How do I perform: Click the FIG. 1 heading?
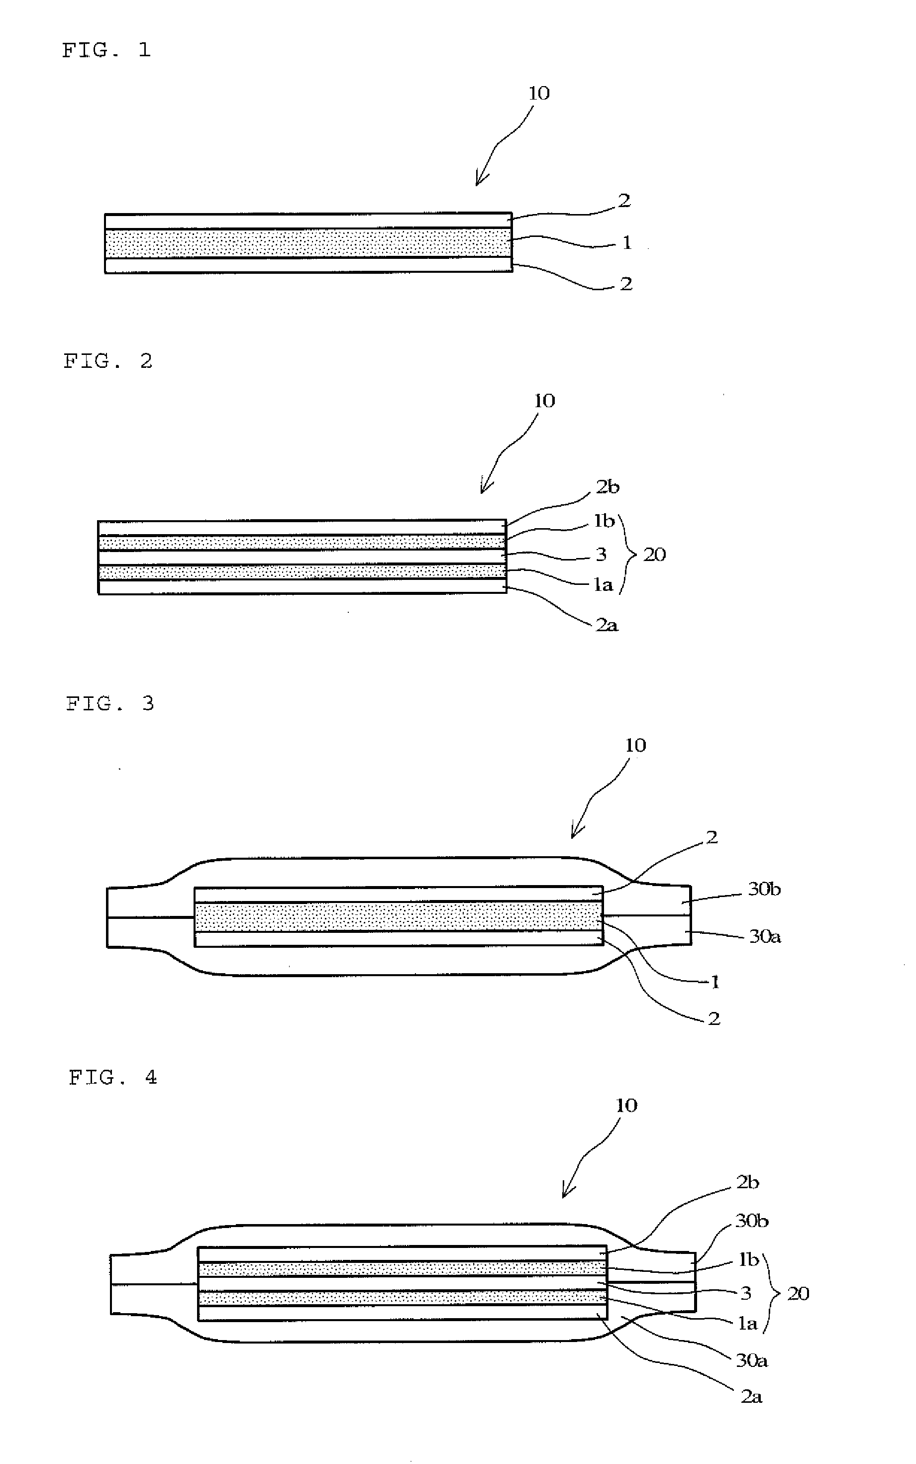106,50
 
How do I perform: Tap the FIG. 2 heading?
108,361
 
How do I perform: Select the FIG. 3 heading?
110,703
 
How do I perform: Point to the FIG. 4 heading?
112,1077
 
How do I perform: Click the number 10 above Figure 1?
539,93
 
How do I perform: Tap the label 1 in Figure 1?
627,242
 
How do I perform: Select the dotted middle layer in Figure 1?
308,243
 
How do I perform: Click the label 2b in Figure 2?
608,486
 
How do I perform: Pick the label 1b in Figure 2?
604,521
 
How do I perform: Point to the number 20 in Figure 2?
654,555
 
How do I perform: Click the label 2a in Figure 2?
607,625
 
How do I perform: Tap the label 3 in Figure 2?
601,555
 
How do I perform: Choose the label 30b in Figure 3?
765,889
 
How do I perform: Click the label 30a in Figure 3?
765,937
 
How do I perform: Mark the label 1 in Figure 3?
715,982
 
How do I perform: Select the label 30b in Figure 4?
752,1221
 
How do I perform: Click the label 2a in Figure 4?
751,1397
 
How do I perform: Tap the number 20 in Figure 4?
798,1294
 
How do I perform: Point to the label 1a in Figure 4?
748,1324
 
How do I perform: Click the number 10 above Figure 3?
635,745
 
